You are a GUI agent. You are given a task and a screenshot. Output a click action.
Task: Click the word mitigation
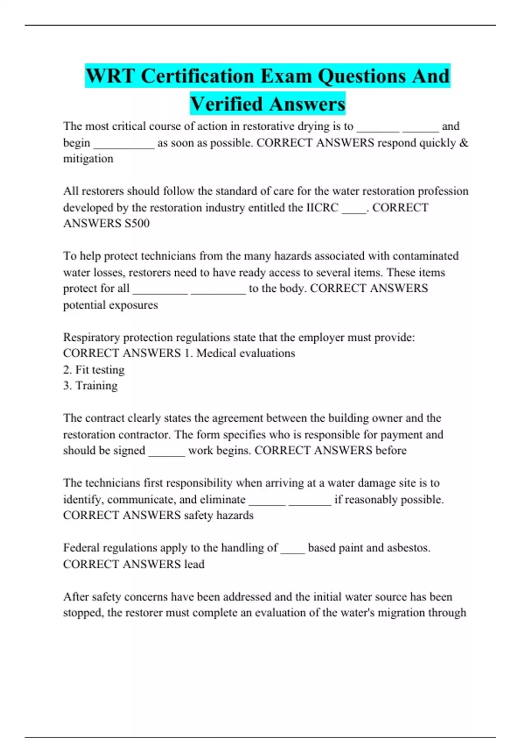point(88,159)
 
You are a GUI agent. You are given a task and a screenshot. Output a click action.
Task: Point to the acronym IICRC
point(322,208)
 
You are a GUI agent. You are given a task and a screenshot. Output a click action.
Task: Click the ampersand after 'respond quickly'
point(464,143)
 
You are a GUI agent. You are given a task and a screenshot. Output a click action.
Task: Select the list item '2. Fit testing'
point(94,370)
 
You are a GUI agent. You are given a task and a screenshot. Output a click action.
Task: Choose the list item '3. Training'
point(90,386)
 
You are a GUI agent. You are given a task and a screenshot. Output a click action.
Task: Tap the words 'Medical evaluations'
point(245,353)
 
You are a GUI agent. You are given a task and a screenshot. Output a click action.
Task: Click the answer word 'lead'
point(194,564)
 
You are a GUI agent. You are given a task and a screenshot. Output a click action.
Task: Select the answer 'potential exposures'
point(110,305)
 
